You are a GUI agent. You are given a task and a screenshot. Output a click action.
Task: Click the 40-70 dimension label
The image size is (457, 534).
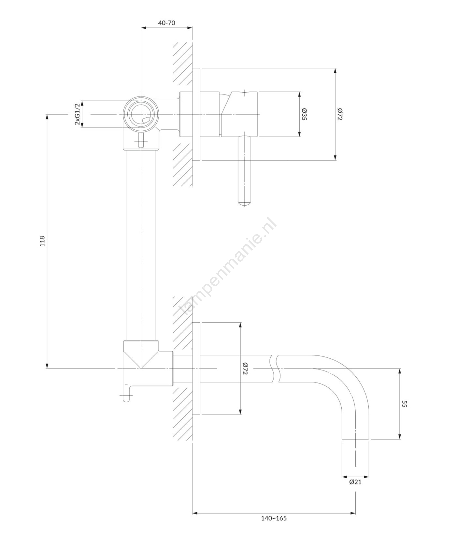click(x=166, y=23)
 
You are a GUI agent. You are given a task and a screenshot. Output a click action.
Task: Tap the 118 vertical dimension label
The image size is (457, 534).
click(x=42, y=241)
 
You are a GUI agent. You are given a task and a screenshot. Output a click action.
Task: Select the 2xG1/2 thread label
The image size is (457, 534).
click(x=77, y=114)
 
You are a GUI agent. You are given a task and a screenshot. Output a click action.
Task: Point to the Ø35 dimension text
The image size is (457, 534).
click(x=304, y=114)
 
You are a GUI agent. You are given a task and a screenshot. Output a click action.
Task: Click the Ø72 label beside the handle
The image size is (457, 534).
click(x=340, y=114)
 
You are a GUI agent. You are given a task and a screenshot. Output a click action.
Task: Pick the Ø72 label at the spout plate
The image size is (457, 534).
click(x=245, y=368)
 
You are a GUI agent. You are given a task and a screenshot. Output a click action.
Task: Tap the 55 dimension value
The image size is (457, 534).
click(x=405, y=404)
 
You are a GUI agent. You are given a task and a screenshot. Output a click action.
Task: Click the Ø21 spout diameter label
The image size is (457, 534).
click(x=355, y=482)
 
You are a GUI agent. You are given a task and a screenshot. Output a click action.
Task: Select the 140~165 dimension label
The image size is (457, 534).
click(x=274, y=518)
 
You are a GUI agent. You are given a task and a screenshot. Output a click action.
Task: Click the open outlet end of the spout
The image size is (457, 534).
click(x=356, y=439)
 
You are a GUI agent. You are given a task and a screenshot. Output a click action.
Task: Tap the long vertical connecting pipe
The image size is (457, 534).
click(x=141, y=245)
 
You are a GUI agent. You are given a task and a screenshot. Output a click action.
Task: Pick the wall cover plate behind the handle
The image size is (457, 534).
click(x=196, y=114)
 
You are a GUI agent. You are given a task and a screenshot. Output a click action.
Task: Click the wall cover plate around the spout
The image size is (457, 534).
click(x=196, y=368)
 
